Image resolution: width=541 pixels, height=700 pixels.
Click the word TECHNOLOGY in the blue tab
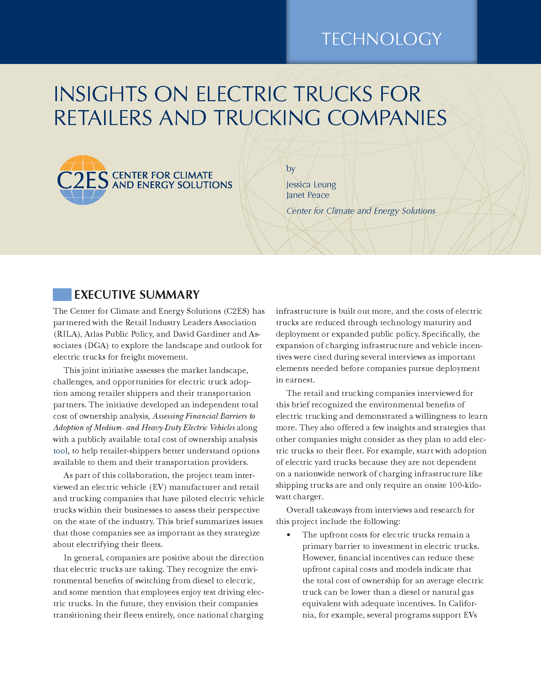[381, 39]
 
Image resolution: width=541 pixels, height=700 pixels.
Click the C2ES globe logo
[83, 180]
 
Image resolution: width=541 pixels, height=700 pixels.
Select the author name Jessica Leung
[311, 185]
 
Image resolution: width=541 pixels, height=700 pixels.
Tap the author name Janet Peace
[308, 195]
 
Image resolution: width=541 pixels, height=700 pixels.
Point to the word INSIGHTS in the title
[100, 94]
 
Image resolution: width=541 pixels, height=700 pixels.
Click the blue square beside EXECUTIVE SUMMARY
[62, 295]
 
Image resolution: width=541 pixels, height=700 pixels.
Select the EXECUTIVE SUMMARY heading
[137, 295]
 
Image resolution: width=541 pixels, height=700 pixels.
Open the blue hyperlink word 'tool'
[60, 451]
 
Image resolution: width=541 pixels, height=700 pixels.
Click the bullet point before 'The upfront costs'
[289, 535]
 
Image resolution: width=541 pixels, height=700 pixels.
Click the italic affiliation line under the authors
[361, 211]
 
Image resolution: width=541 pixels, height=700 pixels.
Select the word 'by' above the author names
[291, 169]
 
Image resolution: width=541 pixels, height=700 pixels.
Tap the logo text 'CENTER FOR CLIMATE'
[163, 175]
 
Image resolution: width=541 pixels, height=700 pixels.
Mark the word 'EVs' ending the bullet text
[470, 615]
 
